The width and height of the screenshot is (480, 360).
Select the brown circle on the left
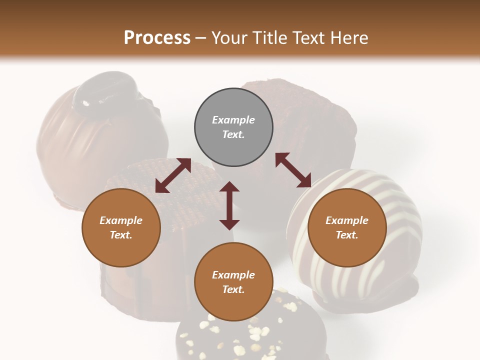(121, 227)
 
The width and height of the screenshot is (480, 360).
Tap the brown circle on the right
(347, 227)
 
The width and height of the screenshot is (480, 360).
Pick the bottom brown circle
(233, 282)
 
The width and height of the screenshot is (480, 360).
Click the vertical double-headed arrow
(229, 205)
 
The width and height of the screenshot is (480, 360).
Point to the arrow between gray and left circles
(173, 175)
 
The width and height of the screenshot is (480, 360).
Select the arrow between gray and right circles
(293, 170)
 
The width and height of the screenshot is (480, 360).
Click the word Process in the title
(157, 37)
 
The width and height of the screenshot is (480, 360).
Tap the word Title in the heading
(269, 37)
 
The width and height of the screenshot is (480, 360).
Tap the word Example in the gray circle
(233, 120)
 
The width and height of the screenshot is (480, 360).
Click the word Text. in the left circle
(121, 235)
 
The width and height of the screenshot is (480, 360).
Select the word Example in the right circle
(347, 220)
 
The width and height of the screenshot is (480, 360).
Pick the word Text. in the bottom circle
(233, 289)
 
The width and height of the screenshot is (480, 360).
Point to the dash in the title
(200, 38)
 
